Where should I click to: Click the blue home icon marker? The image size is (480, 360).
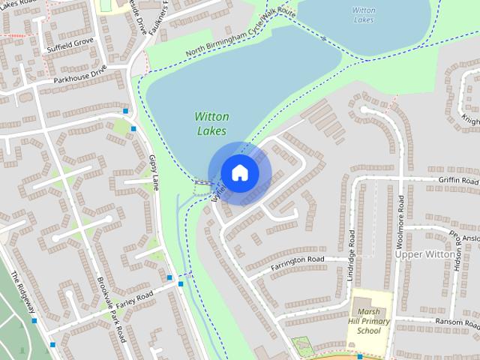coord(239,172)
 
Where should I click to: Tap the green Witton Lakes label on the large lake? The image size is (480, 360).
coord(211,124)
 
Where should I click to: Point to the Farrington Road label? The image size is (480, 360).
coord(298,260)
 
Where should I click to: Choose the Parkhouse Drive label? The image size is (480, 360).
coord(80,76)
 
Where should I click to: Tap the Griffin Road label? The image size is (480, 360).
coord(458,181)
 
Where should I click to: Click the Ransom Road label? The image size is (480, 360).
coord(457,321)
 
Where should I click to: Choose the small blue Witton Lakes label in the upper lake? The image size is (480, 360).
coord(363,15)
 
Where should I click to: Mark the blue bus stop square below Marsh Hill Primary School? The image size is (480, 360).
coord(359,356)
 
